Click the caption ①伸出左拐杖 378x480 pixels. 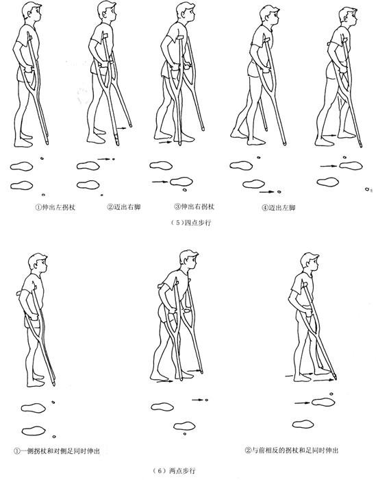[x=55, y=207]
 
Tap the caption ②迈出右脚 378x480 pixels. [x=124, y=207]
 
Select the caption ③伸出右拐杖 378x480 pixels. [x=194, y=206]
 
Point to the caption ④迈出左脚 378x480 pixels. [x=278, y=208]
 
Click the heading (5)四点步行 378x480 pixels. [x=191, y=223]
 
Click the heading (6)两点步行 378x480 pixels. [x=174, y=470]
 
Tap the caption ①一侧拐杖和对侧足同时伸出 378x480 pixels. [x=57, y=451]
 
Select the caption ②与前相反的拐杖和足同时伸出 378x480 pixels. [x=292, y=451]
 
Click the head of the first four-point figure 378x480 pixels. [x=32, y=12]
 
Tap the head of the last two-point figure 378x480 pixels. [x=310, y=262]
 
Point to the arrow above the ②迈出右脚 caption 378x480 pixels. [x=104, y=159]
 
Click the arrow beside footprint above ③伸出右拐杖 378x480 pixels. [x=160, y=182]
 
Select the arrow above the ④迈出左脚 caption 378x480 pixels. [x=266, y=192]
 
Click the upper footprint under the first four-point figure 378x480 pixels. [x=21, y=166]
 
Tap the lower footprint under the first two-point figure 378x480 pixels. [x=34, y=431]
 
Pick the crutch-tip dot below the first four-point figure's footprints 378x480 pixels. [x=43, y=195]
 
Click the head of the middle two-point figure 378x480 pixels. [x=189, y=260]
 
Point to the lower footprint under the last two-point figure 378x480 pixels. [x=303, y=424]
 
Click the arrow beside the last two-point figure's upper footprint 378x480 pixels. [x=302, y=403]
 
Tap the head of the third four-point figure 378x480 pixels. [x=186, y=12]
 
